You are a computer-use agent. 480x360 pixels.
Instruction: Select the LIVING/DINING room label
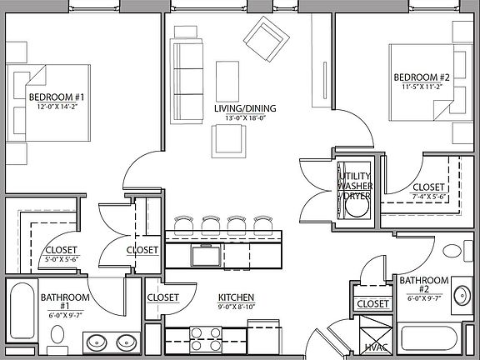[x=244, y=108]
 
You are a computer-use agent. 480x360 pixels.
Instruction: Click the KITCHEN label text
[x=236, y=297]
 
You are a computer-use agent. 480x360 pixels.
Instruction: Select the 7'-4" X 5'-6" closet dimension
[x=429, y=197]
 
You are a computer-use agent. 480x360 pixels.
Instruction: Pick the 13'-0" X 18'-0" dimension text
[x=244, y=118]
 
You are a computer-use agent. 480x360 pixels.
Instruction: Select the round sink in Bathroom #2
[x=463, y=293]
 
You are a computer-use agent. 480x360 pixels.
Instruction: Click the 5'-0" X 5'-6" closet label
[x=61, y=254]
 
